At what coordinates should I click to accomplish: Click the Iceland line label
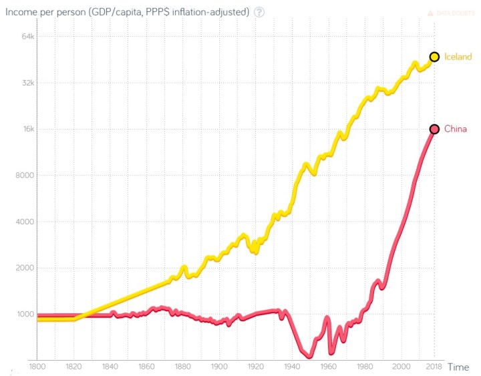[x=458, y=57]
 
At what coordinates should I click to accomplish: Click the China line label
[x=455, y=129]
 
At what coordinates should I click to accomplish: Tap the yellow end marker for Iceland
[x=434, y=57]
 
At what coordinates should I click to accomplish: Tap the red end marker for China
[x=434, y=129]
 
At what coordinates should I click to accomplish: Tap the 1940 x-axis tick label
[x=291, y=367]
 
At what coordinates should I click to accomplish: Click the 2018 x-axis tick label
[x=434, y=367]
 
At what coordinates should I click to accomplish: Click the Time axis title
[x=458, y=367]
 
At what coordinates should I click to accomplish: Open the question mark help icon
[x=259, y=13]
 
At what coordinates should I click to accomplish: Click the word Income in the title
[x=22, y=13]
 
